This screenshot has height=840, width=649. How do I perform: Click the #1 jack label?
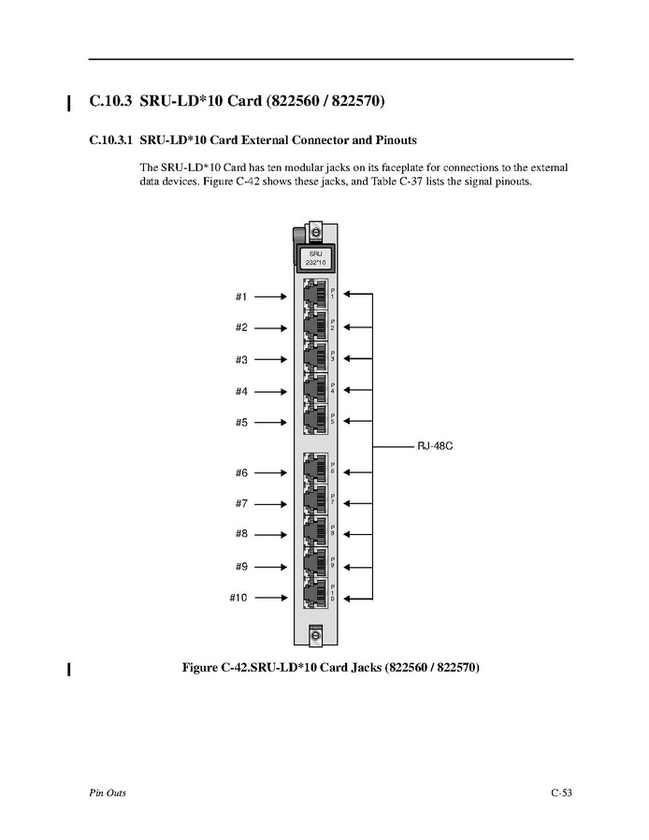(240, 297)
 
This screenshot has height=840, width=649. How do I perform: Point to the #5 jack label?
(240, 422)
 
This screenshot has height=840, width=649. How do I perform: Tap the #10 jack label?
(238, 598)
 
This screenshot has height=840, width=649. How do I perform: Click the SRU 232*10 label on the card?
(315, 256)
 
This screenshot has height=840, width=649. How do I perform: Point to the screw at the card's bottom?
(315, 635)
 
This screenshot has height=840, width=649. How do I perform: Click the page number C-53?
(561, 793)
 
